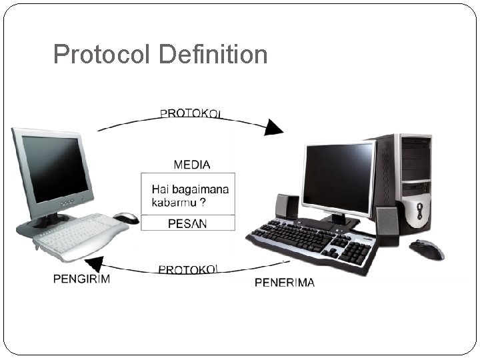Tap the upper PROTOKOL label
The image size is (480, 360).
coord(191,113)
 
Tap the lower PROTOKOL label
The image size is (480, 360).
coord(188,269)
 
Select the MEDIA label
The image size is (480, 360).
coord(192,164)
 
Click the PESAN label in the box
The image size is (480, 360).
coord(187,224)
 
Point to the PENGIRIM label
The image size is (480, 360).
coord(81,279)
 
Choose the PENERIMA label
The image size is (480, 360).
coord(285,283)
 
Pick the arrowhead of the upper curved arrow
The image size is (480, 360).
coord(273,127)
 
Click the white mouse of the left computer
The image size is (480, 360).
coord(126,217)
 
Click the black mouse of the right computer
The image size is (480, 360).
coord(427,249)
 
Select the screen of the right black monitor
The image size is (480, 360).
coord(338,176)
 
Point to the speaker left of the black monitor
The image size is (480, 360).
coord(287,206)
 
